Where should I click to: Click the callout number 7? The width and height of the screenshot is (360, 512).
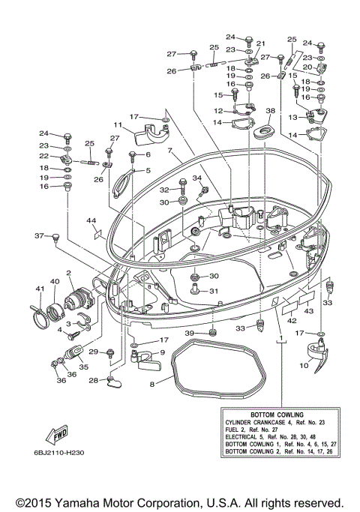(170, 151)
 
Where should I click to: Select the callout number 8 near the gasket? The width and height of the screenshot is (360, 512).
(152, 384)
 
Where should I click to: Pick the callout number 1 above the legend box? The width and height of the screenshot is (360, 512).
(282, 340)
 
